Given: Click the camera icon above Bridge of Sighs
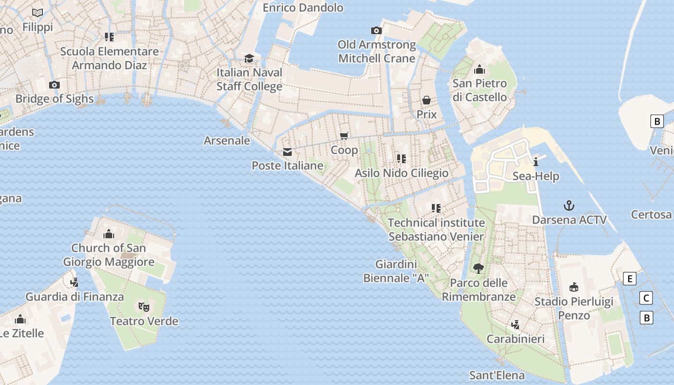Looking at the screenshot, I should (x=54, y=85).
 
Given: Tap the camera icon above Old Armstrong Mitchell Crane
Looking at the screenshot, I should (x=376, y=31).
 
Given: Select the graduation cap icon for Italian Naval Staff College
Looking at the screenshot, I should (x=249, y=59).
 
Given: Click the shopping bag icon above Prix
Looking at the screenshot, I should (x=427, y=100).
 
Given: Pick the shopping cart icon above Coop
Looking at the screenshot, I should (x=344, y=136).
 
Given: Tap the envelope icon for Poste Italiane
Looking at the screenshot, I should (x=287, y=152).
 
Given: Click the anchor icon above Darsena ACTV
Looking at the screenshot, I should (x=569, y=206).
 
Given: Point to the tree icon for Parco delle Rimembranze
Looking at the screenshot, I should (x=478, y=269).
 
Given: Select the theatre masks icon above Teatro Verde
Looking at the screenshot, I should (x=144, y=307).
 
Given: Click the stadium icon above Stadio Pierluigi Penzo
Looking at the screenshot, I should (x=573, y=287).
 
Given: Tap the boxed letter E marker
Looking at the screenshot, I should (x=629, y=279).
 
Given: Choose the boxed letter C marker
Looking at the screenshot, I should (x=647, y=298).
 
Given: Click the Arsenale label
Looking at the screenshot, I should (x=227, y=141).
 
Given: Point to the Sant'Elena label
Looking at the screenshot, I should (x=497, y=375).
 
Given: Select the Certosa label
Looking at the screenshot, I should (x=651, y=214).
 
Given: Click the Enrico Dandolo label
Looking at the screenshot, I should (x=303, y=8).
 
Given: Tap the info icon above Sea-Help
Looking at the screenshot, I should (x=536, y=162).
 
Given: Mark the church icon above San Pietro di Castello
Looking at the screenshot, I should (x=479, y=69).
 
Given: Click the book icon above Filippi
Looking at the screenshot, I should (x=38, y=13).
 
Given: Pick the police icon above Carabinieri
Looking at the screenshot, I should (x=516, y=324).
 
